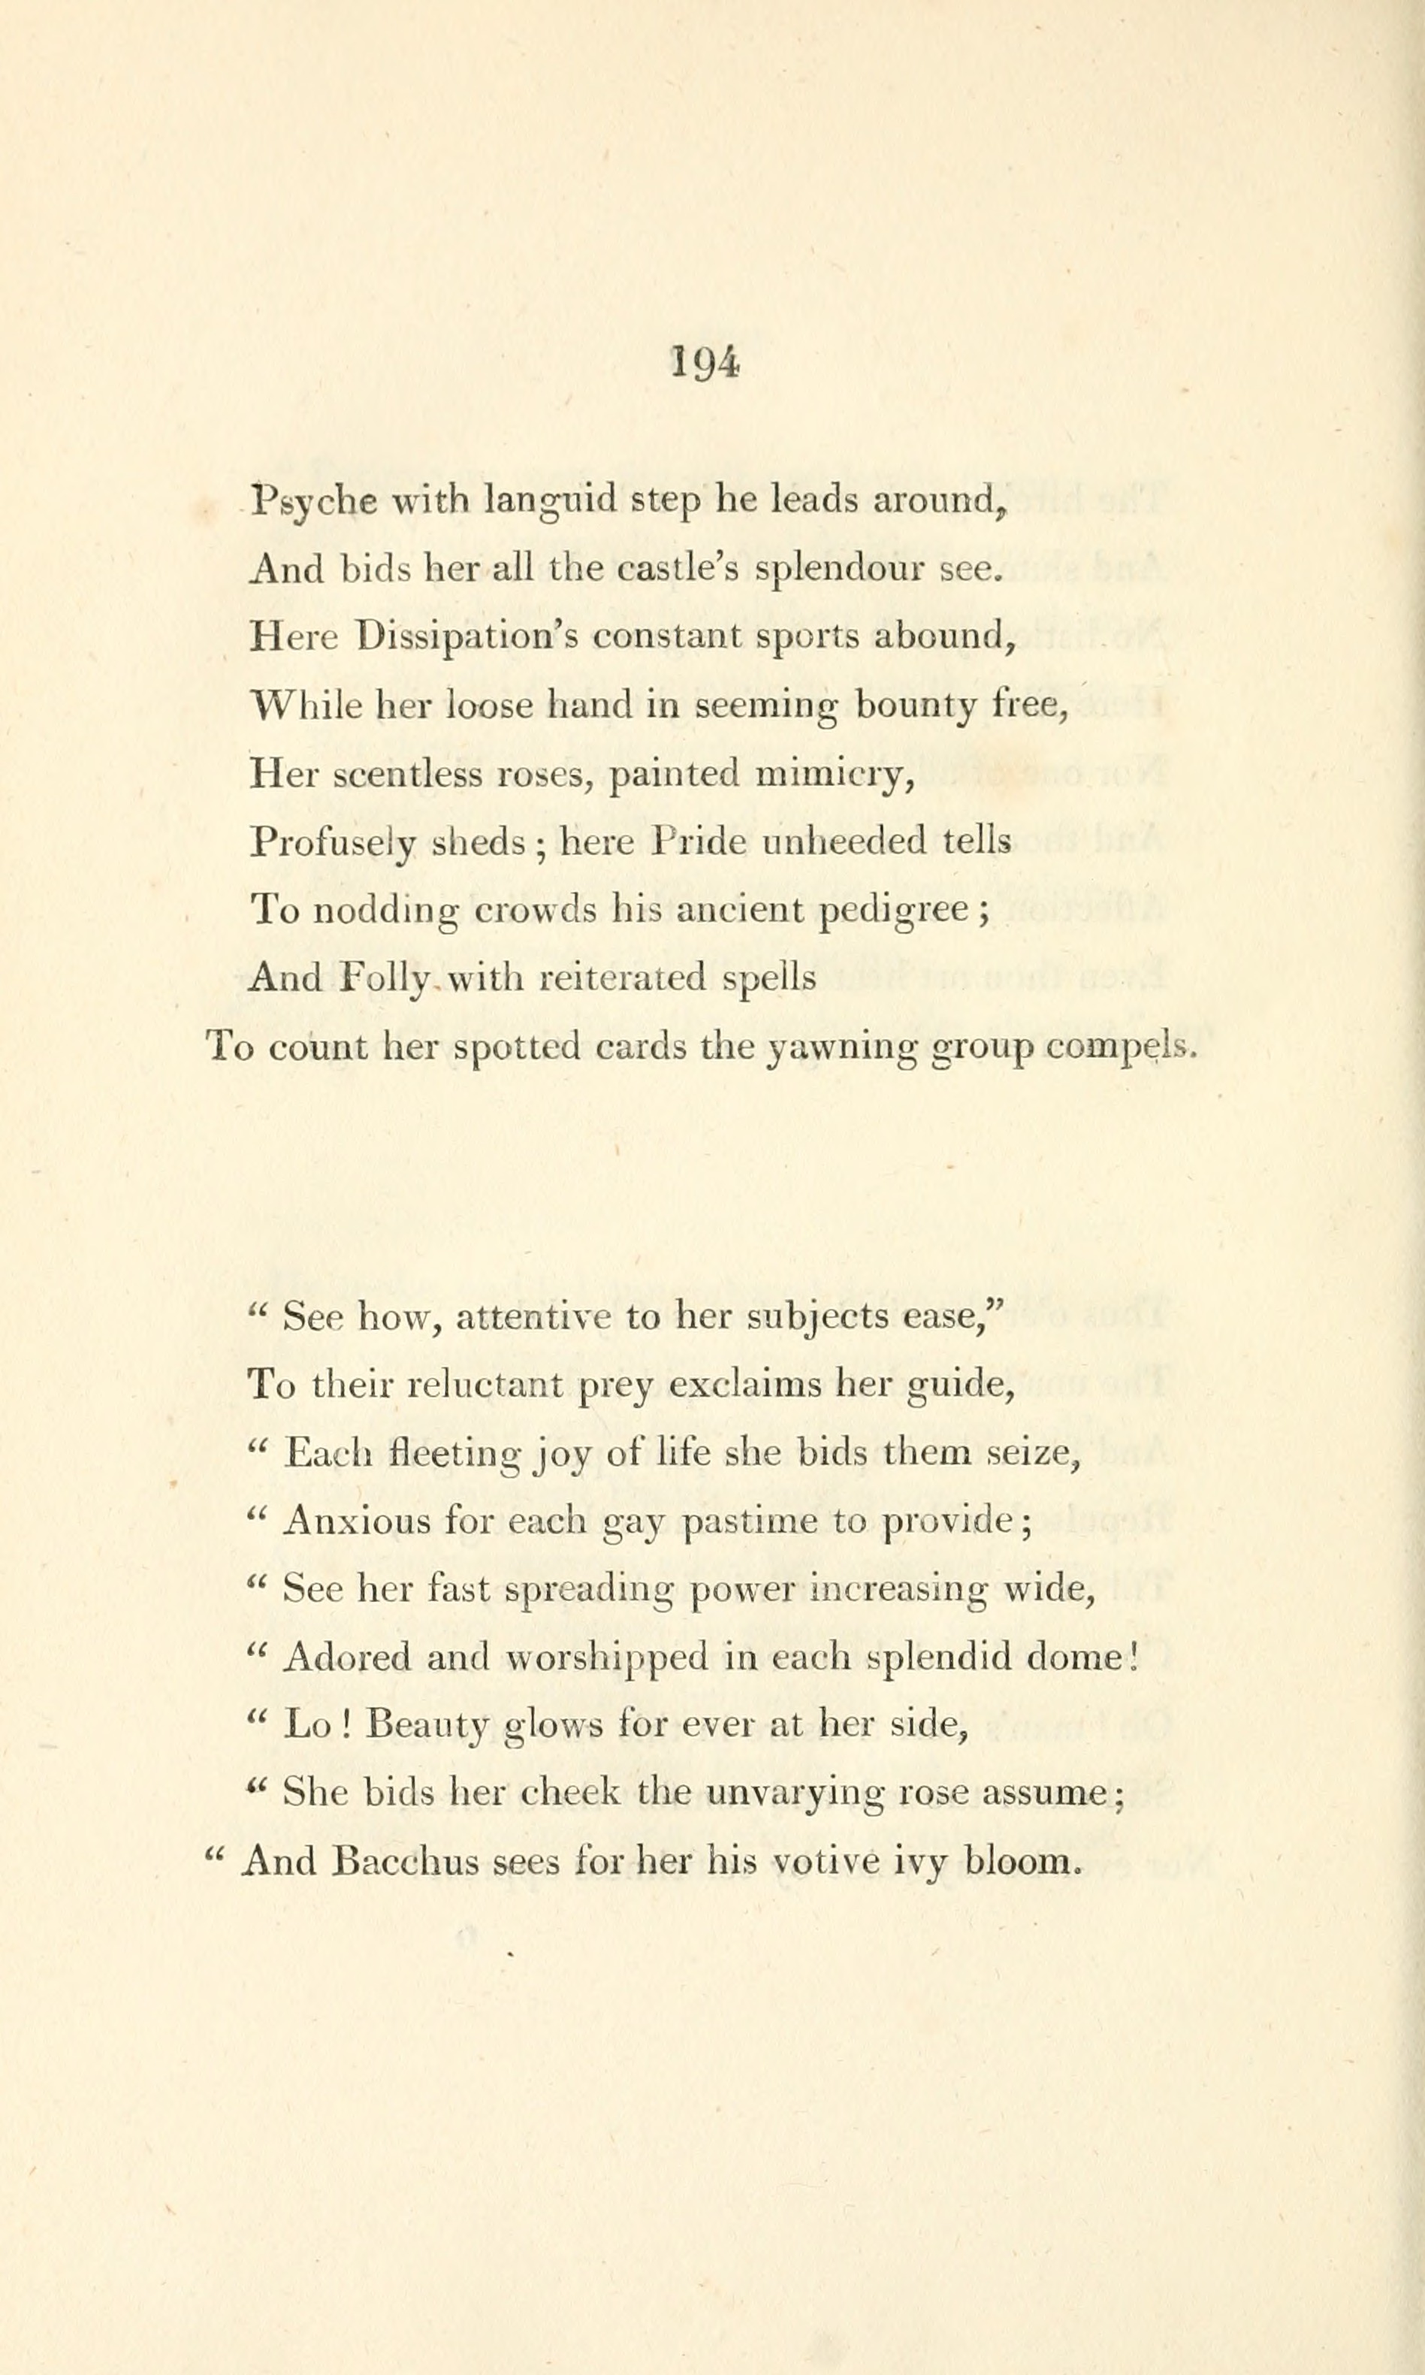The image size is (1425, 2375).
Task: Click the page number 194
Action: (x=704, y=364)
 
